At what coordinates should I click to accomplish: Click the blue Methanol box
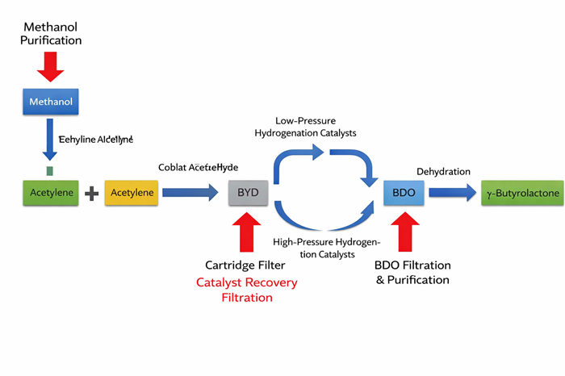click(51, 102)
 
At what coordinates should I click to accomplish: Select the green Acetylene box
click(51, 193)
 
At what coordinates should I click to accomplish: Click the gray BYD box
click(250, 193)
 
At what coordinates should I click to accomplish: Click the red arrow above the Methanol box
click(51, 65)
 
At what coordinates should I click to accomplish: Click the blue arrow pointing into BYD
click(190, 193)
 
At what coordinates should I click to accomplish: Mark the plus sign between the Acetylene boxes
click(91, 194)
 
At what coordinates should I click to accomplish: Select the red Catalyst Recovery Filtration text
click(247, 290)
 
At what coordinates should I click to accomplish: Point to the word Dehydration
click(443, 171)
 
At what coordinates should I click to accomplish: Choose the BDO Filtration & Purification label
click(412, 273)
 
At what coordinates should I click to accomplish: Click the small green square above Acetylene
click(50, 171)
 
